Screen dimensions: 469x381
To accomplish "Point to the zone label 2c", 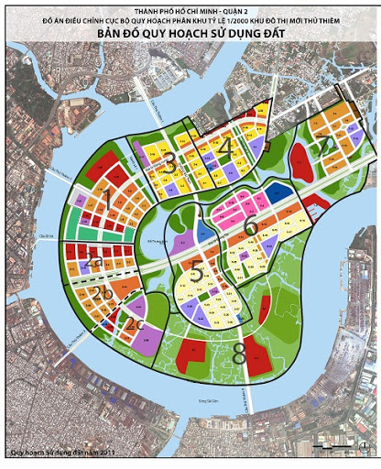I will pyautogui.click(x=135, y=324).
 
